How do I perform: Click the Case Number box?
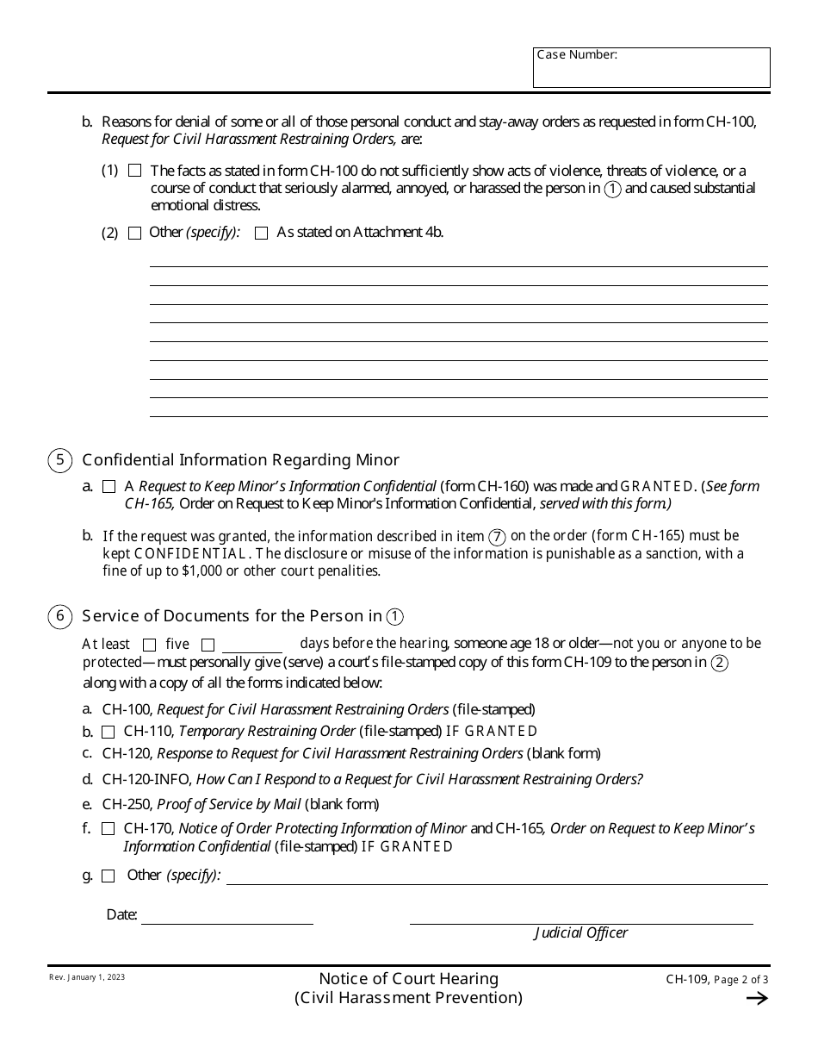tap(651, 68)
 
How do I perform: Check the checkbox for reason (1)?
tap(134, 171)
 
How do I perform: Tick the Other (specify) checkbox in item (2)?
tap(134, 233)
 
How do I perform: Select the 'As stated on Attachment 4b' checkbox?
tap(262, 233)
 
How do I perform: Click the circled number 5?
tap(59, 460)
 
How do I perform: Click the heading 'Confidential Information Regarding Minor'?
tap(240, 460)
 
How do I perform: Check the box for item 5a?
tap(109, 487)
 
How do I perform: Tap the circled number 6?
tap(59, 616)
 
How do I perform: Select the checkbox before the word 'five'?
tap(149, 645)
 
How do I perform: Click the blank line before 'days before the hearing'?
tap(251, 645)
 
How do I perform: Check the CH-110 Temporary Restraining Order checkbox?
tap(108, 732)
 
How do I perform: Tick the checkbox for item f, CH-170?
tap(108, 829)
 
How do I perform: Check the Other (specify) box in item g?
tap(108, 876)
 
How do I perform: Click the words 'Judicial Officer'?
tap(581, 932)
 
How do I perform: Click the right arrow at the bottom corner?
tap(756, 999)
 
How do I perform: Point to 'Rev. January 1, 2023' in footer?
tap(86, 977)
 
